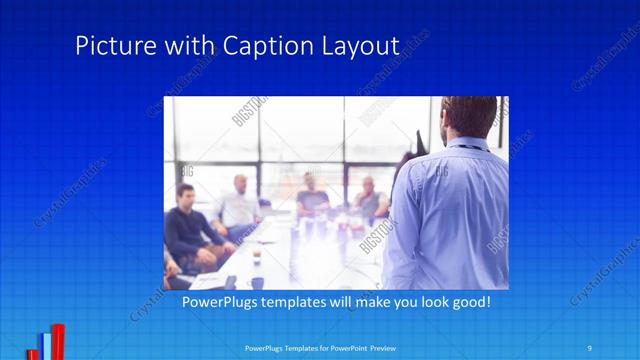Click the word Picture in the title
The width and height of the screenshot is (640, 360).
click(111, 46)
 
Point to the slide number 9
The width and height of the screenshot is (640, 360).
click(590, 347)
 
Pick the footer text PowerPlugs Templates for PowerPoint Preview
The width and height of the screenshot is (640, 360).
click(319, 348)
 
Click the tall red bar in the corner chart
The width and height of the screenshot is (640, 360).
click(58, 341)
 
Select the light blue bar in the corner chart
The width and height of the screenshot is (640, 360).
click(46, 346)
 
